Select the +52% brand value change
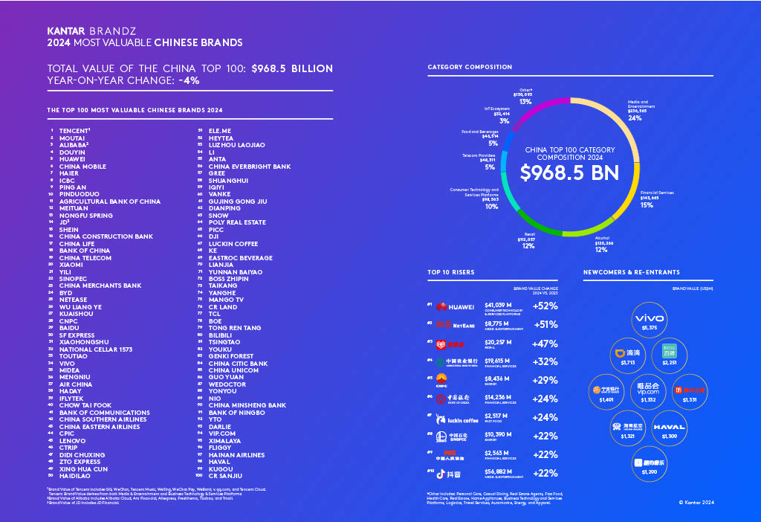click(545, 306)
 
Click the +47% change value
click(545, 344)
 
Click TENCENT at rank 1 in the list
click(74, 130)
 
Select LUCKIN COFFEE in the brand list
click(233, 243)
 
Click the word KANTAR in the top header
click(65, 32)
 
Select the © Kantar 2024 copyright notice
click(696, 503)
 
